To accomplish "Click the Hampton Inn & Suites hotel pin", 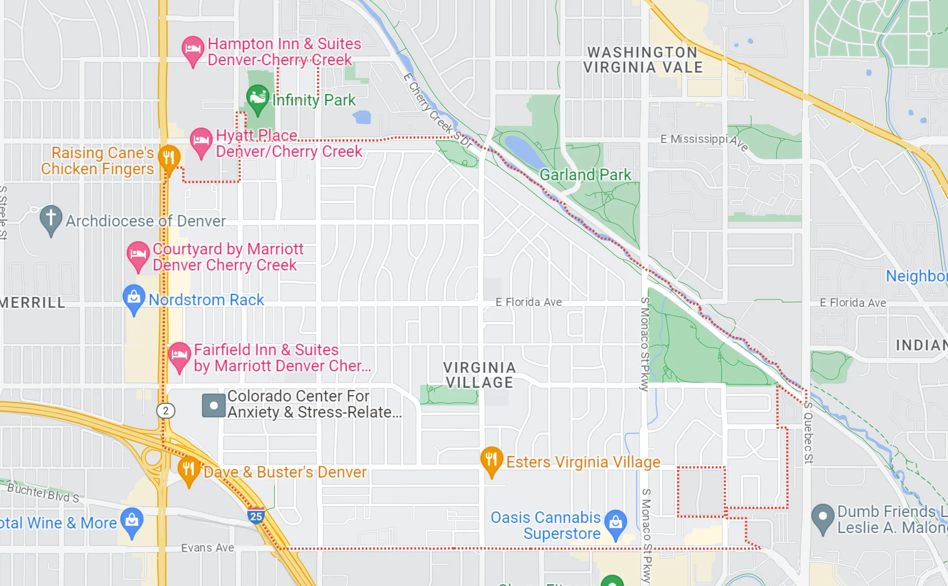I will (x=193, y=49).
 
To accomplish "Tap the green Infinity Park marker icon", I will (x=257, y=97).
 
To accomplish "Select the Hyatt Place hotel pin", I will (x=201, y=140).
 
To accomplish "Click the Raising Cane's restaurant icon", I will (x=169, y=158).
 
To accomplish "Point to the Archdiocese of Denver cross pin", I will (x=51, y=217).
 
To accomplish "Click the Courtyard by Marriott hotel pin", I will (x=138, y=254).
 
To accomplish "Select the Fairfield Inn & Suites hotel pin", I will (x=179, y=355).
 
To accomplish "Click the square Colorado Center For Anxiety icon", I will (x=213, y=405).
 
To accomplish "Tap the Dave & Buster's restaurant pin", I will (x=189, y=469).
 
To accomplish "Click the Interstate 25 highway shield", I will (x=256, y=516).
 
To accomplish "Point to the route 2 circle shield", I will (x=166, y=411).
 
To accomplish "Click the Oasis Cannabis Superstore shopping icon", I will (x=616, y=522).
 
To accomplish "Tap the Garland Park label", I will (x=585, y=175).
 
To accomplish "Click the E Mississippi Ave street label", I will (x=704, y=141).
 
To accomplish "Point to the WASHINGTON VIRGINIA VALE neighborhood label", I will (x=643, y=60).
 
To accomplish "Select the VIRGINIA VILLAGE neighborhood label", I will (x=479, y=375).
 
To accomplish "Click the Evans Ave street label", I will (x=207, y=548).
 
